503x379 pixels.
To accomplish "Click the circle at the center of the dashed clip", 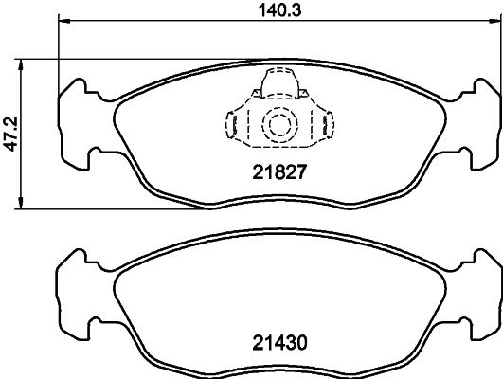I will pos(278,123).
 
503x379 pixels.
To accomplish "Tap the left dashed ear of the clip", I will pos(229,123).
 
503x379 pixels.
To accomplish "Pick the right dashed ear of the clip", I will pos(327,123).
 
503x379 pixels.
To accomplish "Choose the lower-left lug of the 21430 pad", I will pos(79,320).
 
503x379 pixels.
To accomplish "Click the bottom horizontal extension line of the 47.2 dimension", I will pos(114,209).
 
